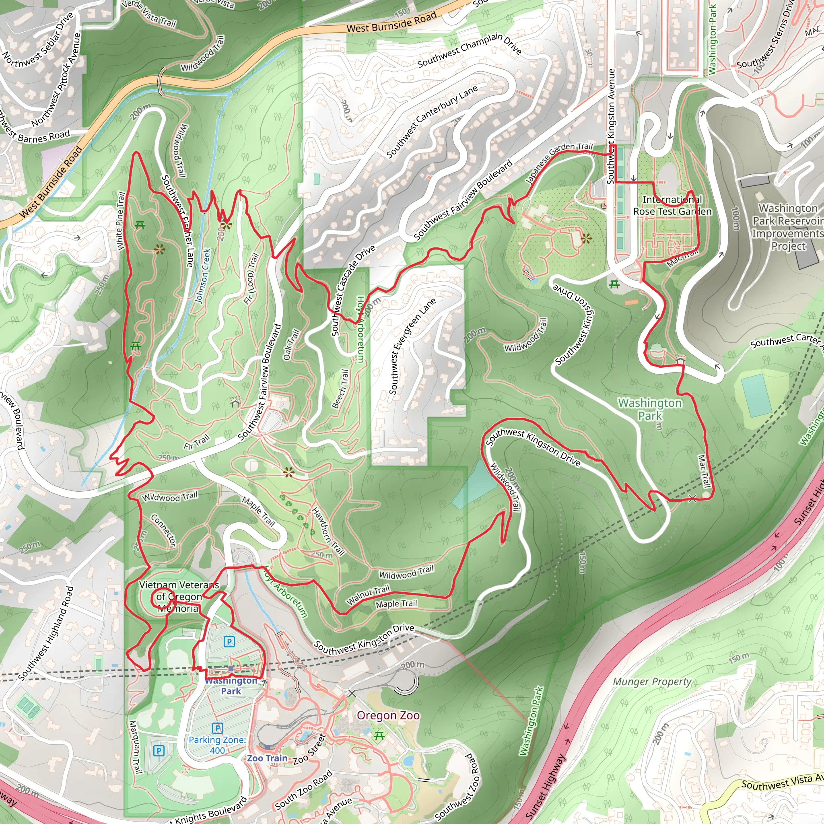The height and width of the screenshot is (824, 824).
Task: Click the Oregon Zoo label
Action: tap(388, 715)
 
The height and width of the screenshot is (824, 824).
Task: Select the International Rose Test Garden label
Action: tap(672, 206)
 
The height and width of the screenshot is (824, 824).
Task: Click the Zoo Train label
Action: tap(267, 758)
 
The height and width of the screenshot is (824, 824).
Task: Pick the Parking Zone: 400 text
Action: tap(217, 745)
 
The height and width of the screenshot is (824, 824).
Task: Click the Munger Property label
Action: tap(652, 682)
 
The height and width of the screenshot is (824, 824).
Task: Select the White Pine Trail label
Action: tap(120, 220)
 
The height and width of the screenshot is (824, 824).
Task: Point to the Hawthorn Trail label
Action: tap(328, 531)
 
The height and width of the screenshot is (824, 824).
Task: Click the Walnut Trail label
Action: tap(368, 595)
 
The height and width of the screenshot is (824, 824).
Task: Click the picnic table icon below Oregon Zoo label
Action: tap(379, 735)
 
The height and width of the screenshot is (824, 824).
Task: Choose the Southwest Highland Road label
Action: tap(46, 633)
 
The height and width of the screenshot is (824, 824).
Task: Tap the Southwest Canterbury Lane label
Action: tap(432, 122)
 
